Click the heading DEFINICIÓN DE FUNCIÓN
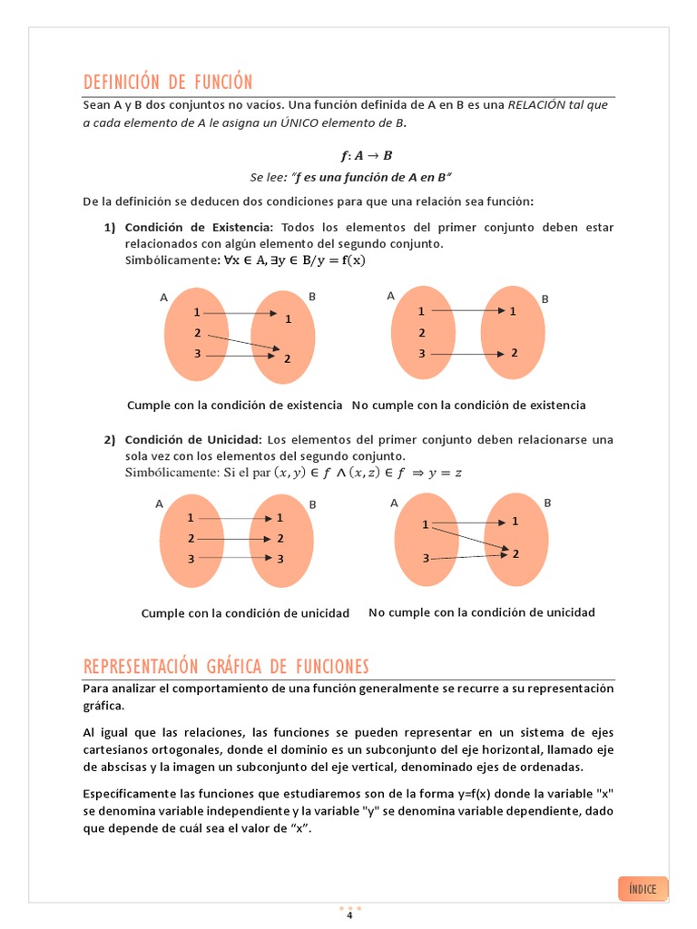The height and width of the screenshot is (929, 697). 168,82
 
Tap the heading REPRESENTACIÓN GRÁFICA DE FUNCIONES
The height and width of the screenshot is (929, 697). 226,667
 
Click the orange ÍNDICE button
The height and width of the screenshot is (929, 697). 643,888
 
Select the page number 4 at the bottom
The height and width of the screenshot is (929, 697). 349,914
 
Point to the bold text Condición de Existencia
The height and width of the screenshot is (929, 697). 199,227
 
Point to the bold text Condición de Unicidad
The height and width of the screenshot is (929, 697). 193,440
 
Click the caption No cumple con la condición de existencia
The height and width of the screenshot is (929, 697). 468,405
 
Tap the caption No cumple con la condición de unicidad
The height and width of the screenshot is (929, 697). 481,612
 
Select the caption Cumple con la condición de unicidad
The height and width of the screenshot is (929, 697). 245,613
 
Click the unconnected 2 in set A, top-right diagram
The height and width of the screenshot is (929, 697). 421,332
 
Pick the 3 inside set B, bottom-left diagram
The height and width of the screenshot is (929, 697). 280,559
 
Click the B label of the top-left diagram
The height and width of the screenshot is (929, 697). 312,297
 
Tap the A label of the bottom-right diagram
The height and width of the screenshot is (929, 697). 394,503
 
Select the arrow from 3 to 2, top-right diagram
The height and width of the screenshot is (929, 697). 466,353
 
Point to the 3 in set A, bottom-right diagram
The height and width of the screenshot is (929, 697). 425,558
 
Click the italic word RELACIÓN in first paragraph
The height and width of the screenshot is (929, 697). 536,104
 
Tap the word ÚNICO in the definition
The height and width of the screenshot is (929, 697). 267,122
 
